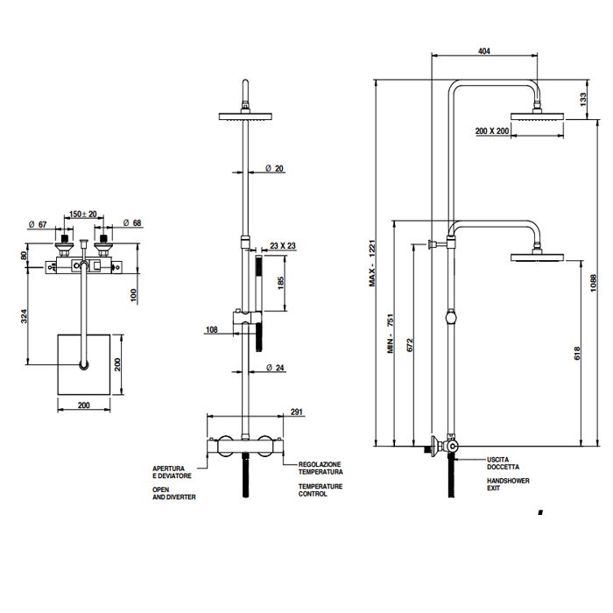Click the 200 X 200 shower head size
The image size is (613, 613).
click(x=492, y=130)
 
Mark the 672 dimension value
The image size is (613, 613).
click(x=410, y=346)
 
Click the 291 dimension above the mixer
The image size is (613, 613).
click(x=297, y=411)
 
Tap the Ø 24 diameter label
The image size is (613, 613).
click(x=274, y=368)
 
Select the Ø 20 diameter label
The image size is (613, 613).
click(x=274, y=169)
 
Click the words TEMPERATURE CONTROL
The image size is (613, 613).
click(x=318, y=490)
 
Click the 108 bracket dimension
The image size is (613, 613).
click(x=210, y=330)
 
